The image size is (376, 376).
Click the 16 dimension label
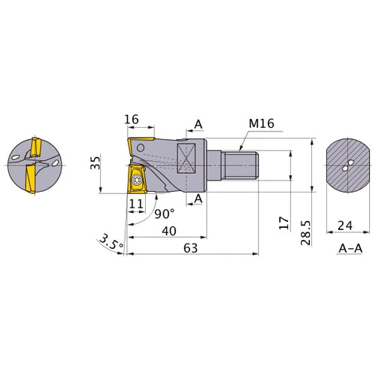[132, 120]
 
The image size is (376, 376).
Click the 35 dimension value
[96, 162]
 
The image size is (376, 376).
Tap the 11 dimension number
[136, 204]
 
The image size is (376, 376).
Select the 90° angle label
[164, 214]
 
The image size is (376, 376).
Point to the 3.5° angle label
[111, 242]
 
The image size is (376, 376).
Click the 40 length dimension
[169, 231]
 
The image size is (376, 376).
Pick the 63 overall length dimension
[190, 248]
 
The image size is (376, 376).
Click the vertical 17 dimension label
[284, 223]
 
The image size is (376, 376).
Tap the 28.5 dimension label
[306, 233]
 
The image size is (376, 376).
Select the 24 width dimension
[345, 226]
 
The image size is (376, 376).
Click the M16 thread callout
[262, 123]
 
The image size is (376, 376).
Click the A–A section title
[350, 248]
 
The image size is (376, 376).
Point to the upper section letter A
[199, 124]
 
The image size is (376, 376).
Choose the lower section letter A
[199, 199]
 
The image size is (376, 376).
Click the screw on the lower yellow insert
[137, 180]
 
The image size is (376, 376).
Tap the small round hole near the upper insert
[141, 147]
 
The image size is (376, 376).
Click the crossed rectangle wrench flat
[186, 159]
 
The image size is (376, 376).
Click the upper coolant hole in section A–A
[351, 162]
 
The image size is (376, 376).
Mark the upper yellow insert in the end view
[36, 147]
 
